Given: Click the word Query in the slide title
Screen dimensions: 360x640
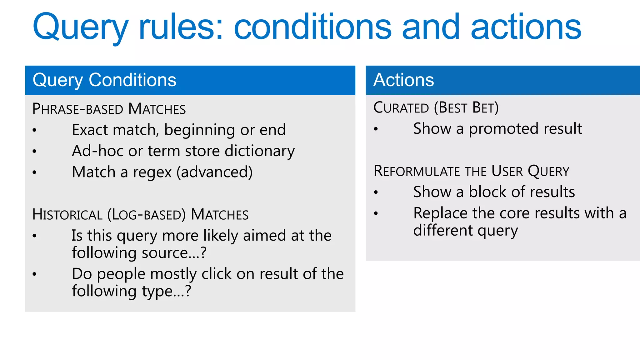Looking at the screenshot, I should (80, 28).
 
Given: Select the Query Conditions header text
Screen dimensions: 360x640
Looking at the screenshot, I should (104, 80).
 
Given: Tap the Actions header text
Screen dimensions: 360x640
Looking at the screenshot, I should (403, 80).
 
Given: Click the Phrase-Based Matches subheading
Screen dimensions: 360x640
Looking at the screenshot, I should (109, 109).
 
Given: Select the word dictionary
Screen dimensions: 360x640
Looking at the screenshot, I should (259, 151).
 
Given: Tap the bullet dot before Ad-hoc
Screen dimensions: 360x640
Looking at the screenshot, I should (34, 152).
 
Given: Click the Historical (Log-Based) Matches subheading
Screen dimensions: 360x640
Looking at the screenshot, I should (140, 215).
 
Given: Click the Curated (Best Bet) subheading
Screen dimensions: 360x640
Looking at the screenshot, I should (436, 108).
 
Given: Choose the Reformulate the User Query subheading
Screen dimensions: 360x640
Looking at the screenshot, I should (471, 171).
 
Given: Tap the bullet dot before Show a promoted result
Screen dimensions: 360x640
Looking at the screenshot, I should (376, 129).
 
